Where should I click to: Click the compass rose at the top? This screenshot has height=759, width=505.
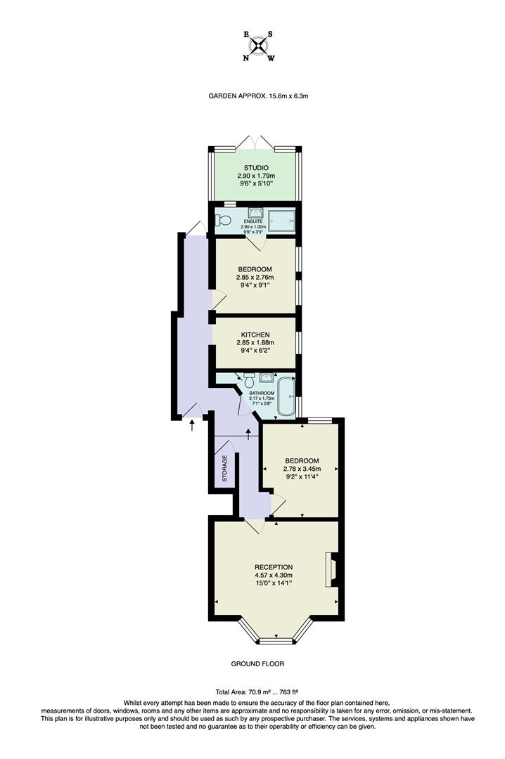[x=259, y=46]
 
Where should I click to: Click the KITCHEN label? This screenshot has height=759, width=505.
[x=255, y=335]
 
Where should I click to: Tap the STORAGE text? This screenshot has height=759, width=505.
[x=225, y=468]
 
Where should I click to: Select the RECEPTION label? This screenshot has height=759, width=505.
[x=274, y=567]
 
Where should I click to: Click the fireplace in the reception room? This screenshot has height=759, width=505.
[x=329, y=570]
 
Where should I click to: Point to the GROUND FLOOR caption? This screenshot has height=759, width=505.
[x=257, y=663]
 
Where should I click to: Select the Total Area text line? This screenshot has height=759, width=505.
[x=257, y=692]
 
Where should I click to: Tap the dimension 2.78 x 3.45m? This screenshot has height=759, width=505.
[x=301, y=469]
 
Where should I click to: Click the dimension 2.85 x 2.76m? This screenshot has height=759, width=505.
[x=255, y=277]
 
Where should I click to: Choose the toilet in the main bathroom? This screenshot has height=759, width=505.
[x=248, y=382]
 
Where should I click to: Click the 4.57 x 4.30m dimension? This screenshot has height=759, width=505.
[x=274, y=576]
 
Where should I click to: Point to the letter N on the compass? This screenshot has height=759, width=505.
[x=245, y=58]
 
